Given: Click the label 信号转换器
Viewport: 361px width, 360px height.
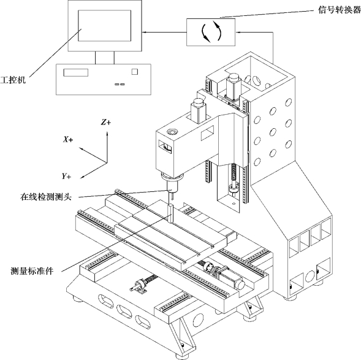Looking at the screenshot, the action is click(339, 10).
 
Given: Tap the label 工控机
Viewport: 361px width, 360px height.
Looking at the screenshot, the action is click(13, 80).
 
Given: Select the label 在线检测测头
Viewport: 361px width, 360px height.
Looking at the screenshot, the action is click(46, 197).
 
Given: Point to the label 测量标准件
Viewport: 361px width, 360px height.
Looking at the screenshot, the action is click(32, 271).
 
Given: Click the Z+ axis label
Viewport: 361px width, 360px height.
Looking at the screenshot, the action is click(106, 122).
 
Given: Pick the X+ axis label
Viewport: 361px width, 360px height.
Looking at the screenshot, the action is click(68, 139).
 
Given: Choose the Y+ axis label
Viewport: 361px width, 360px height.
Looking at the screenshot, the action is click(66, 176).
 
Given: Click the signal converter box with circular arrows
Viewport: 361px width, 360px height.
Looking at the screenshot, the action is click(211, 33).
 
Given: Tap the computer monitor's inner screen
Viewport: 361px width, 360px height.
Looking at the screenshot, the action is click(105, 26).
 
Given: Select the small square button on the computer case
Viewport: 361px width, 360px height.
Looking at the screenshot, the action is click(135, 72).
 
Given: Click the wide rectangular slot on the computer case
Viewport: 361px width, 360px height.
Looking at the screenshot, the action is click(76, 72).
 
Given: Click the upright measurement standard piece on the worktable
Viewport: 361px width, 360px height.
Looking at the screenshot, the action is click(171, 213).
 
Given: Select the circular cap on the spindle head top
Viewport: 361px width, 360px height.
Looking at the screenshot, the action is click(172, 132).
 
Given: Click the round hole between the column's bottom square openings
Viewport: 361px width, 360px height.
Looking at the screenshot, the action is click(310, 277).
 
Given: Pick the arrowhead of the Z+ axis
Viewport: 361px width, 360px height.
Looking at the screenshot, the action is click(107, 133).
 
